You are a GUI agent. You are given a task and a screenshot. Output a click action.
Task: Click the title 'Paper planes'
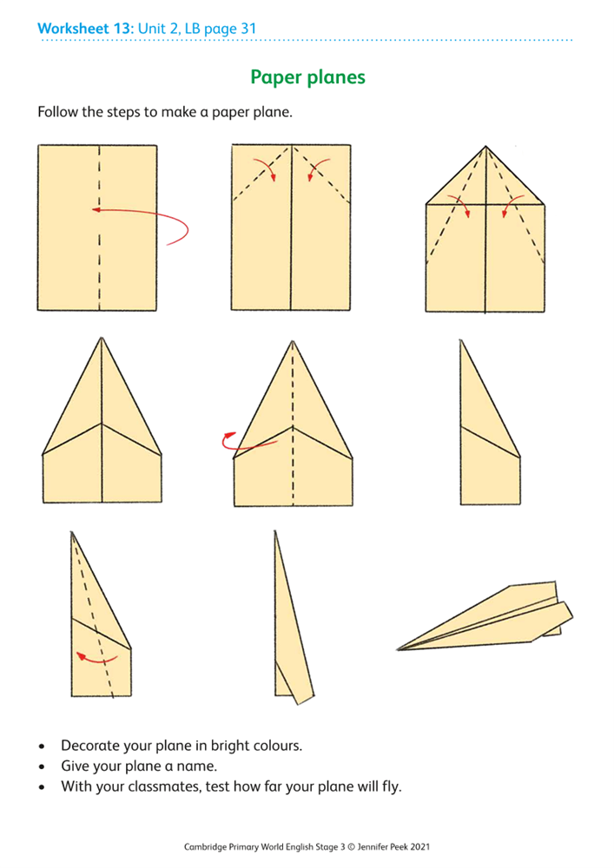pos(307,77)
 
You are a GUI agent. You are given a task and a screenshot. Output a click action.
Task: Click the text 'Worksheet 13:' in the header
pos(85,29)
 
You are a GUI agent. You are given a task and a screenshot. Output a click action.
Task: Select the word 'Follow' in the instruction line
pos(57,113)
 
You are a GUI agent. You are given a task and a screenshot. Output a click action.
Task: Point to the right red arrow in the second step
pos(314,169)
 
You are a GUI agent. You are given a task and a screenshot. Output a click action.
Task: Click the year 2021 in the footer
pos(418,846)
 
